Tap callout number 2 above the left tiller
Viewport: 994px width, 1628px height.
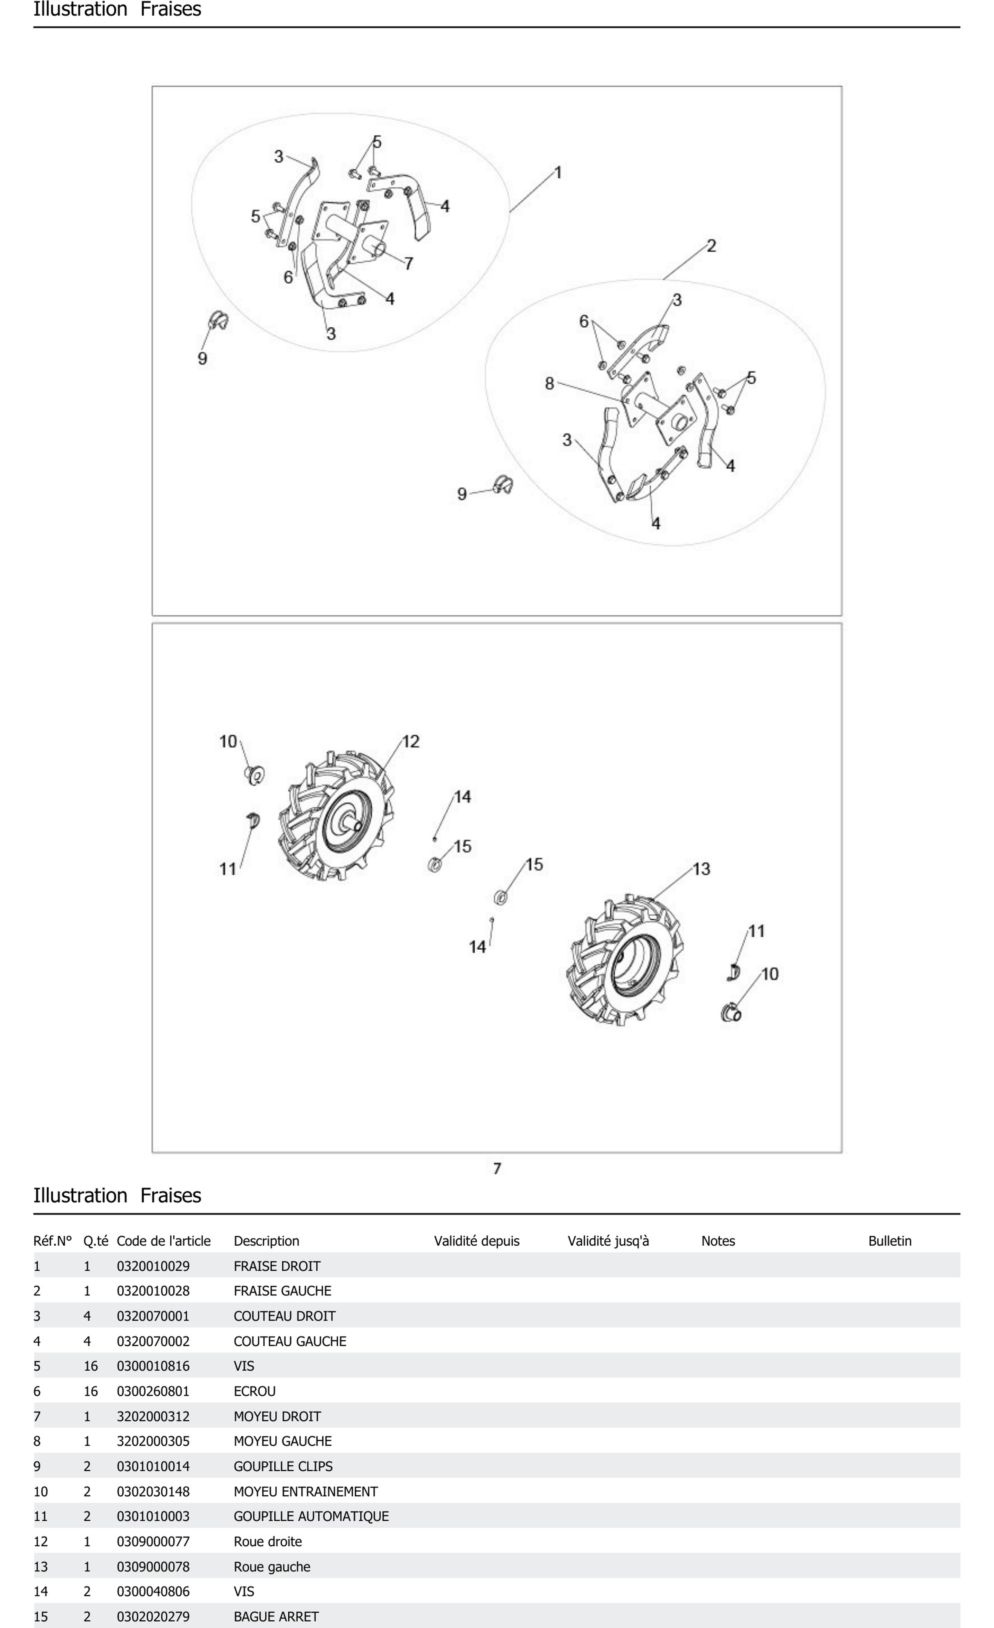tap(711, 246)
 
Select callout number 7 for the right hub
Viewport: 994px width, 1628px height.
tap(409, 264)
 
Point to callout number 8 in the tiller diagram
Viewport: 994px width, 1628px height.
tap(549, 383)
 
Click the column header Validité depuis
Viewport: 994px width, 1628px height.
tap(477, 1241)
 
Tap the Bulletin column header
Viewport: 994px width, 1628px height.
tap(890, 1241)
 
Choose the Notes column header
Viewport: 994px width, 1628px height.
tap(718, 1241)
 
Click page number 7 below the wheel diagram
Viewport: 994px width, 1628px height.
tap(497, 1168)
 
